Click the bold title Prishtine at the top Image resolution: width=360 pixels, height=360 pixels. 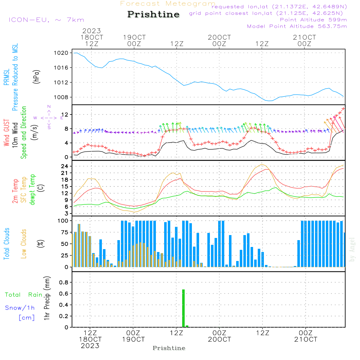[x=153, y=14]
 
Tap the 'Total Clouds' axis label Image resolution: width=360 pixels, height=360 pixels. [x=7, y=244]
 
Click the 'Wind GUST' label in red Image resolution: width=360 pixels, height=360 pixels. [x=7, y=133]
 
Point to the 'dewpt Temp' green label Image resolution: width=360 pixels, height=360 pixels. [x=33, y=190]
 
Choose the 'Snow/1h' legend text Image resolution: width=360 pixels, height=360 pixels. [x=20, y=308]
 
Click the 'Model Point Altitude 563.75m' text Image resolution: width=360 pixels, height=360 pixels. [x=297, y=26]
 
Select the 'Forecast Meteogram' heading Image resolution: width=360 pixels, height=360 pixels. [x=168, y=4]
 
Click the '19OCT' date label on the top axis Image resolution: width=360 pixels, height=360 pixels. [x=134, y=37]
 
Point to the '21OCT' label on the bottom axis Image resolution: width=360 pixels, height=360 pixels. [x=306, y=339]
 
